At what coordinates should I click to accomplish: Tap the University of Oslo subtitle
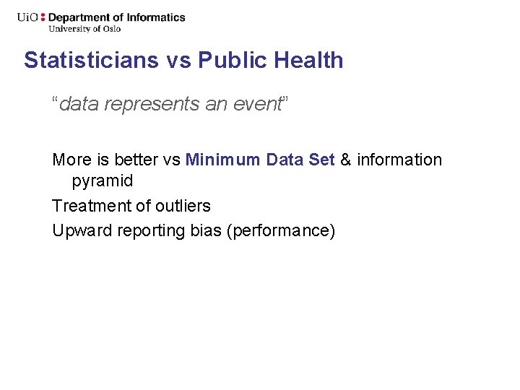coord(84,29)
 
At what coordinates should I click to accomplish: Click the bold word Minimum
coord(222,160)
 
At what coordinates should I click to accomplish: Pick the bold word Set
coord(321,160)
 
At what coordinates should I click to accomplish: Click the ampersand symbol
coord(345,160)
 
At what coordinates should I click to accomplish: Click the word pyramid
coord(103,181)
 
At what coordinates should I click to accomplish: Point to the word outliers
coord(184,206)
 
